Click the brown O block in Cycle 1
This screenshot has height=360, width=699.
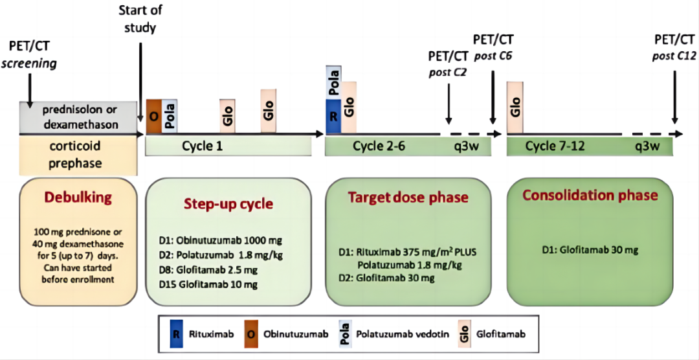[153, 117]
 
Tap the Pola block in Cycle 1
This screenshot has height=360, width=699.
[169, 117]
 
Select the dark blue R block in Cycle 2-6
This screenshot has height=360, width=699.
[333, 117]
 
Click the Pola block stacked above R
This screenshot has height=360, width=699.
[333, 83]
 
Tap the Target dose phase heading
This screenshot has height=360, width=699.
[407, 196]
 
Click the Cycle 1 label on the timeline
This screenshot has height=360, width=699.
[202, 146]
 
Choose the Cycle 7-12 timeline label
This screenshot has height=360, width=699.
[556, 146]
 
